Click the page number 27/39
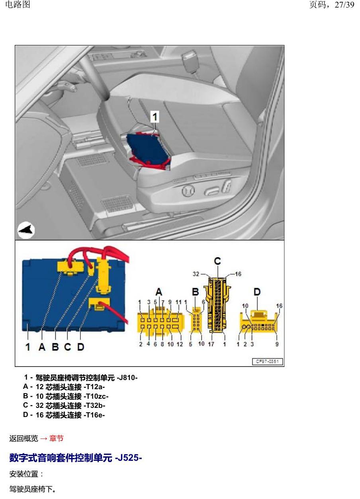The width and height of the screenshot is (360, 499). (344, 5)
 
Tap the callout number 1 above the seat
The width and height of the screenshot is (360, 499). (155, 117)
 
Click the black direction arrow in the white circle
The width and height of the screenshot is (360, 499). (26, 230)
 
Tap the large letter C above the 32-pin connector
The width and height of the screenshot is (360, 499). (217, 261)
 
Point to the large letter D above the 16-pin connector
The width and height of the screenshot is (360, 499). (257, 292)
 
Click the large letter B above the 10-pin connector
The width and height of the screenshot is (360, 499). (195, 292)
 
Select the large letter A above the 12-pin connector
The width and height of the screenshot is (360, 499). (159, 292)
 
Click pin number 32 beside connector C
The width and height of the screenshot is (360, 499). (196, 274)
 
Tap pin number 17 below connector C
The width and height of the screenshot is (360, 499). (211, 344)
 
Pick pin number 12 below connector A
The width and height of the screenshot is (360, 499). (180, 344)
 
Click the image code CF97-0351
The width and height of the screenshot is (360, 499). (268, 361)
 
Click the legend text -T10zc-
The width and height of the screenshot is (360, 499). (96, 396)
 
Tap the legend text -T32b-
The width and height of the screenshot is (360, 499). (94, 405)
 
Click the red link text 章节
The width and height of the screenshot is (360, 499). (57, 439)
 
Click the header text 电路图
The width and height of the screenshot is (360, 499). (18, 4)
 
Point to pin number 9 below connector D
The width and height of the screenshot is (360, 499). (277, 344)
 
